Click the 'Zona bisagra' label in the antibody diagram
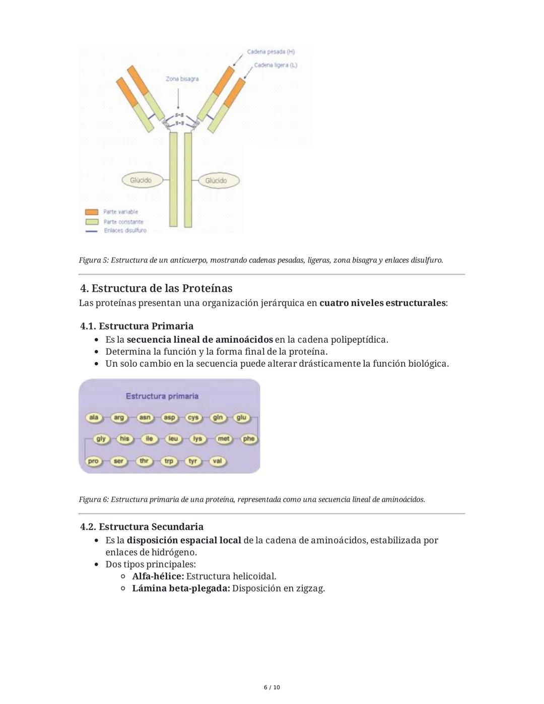pos(182,79)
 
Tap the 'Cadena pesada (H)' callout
pos(270,52)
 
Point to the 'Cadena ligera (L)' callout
pos(275,66)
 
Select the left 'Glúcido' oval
pos(141,180)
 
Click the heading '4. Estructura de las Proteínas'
pos(156,288)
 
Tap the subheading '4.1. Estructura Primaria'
pos(137,326)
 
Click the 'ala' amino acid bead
pos(94,417)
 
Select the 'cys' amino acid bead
pos(193,417)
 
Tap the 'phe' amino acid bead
pos(249,439)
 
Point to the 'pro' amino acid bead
pos(93,461)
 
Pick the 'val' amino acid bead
pos(217,461)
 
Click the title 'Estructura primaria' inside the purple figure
pos(162,396)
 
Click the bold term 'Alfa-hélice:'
pos(158,576)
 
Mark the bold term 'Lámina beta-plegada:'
pos(181,588)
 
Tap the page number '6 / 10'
pos(272,687)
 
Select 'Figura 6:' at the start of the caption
pos(94,499)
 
